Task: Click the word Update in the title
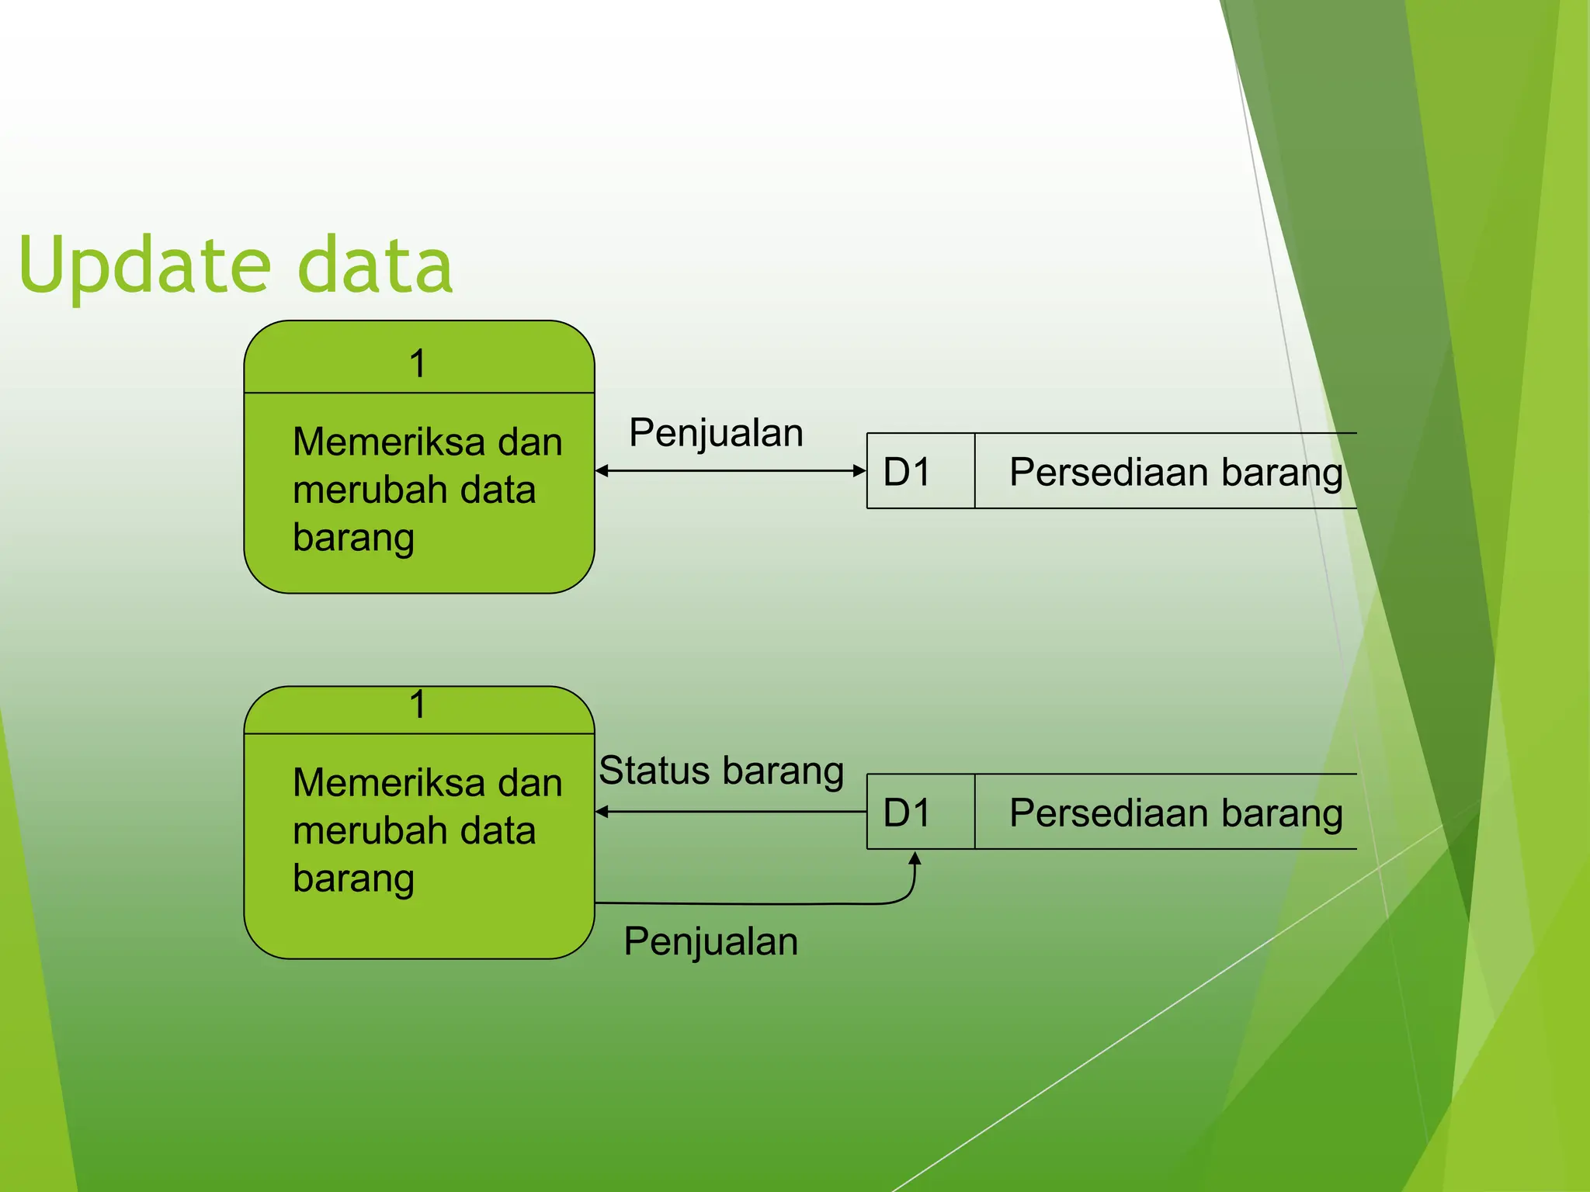tap(144, 265)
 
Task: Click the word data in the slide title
tap(375, 265)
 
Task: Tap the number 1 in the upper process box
tap(418, 363)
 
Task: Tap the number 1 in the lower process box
tap(418, 705)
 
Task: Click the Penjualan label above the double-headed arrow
tap(716, 433)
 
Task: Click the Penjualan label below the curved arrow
tap(710, 941)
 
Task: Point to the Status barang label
tap(721, 771)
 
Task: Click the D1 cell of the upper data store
tap(907, 472)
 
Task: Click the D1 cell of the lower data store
tap(907, 813)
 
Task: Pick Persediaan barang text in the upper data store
tap(1175, 472)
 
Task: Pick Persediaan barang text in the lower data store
tap(1175, 813)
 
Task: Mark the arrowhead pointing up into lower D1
tap(915, 858)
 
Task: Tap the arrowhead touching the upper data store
tap(859, 470)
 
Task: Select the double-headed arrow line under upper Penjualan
tap(730, 470)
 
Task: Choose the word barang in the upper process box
tap(353, 538)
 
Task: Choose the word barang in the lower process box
tap(353, 878)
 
